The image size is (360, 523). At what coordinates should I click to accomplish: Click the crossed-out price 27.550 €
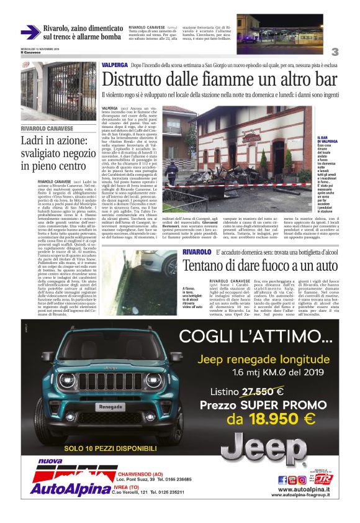[x=263, y=391]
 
